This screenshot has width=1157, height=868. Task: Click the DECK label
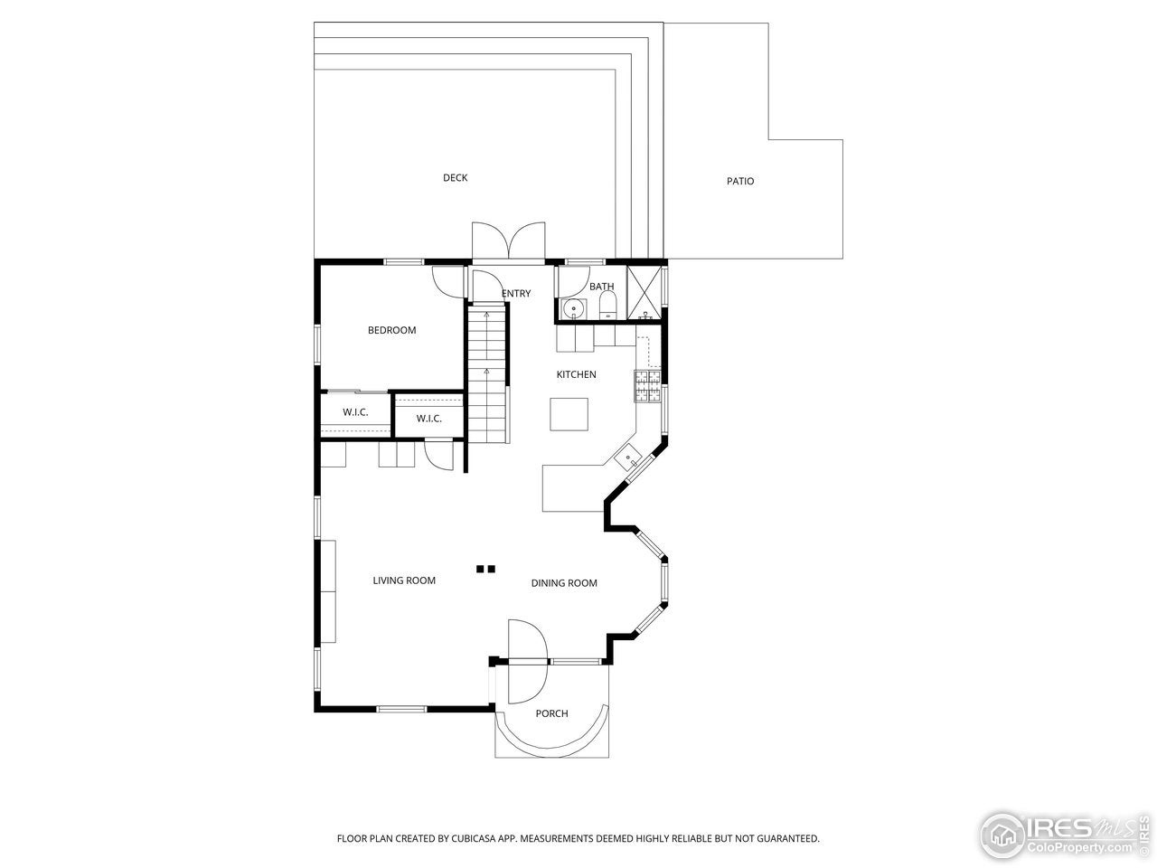[455, 178]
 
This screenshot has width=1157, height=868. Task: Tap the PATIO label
[739, 182]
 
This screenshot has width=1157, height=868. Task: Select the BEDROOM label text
[391, 330]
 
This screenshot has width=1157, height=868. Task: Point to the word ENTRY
[516, 294]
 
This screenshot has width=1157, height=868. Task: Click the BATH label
[601, 288]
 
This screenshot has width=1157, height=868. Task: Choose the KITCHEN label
[576, 374]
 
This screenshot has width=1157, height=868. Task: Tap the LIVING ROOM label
[404, 580]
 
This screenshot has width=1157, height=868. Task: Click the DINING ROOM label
[564, 583]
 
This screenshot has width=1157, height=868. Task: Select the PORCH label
[551, 713]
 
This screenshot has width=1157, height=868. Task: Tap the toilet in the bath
[607, 305]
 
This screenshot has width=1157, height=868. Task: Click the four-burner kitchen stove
[648, 386]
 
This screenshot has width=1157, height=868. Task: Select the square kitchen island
[569, 415]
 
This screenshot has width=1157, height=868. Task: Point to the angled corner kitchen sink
[629, 458]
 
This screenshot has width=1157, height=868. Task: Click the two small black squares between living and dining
[486, 570]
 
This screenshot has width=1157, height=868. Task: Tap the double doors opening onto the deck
[508, 242]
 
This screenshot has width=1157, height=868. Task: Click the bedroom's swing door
[449, 281]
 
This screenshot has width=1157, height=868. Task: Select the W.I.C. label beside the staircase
[428, 419]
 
